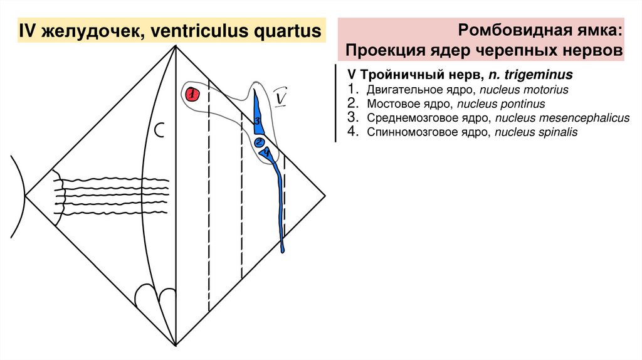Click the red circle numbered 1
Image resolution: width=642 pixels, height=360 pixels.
point(192,95)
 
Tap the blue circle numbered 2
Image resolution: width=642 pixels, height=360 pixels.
point(260,142)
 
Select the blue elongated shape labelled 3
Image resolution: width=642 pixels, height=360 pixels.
point(257,116)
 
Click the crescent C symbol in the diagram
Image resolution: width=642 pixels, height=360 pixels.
point(160,130)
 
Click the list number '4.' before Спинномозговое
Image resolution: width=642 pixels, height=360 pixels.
point(353,132)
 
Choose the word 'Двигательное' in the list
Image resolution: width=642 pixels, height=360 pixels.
point(399,90)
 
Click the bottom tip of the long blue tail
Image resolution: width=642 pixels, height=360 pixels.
point(283,250)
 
